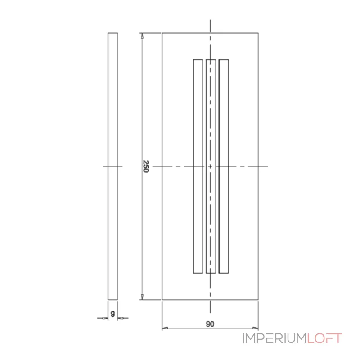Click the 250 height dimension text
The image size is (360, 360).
146,166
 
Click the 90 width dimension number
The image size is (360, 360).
210,324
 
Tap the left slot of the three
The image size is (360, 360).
198,166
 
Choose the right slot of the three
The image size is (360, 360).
224,166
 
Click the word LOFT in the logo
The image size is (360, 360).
325,338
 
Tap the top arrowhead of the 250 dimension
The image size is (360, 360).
142,36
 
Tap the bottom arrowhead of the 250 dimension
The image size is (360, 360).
142,297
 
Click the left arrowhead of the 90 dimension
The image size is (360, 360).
165,328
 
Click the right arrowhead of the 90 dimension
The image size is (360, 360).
256,328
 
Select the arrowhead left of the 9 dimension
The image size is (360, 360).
106,318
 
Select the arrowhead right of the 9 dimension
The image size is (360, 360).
120,318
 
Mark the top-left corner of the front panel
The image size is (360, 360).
162,33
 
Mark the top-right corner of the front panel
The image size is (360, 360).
258,33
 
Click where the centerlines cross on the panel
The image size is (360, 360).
211,166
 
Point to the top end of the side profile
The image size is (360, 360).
113,33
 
